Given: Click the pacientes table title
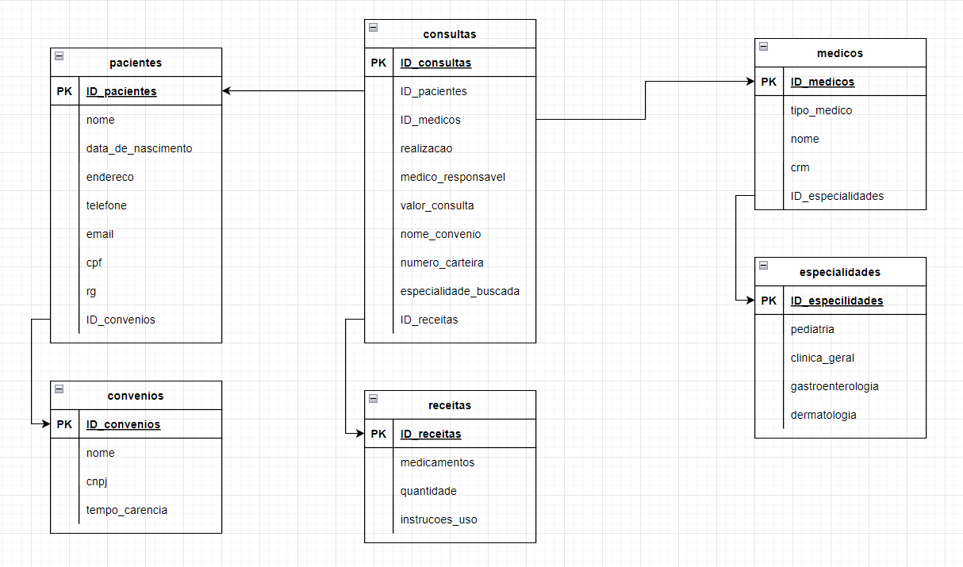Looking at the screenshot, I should pos(136,63).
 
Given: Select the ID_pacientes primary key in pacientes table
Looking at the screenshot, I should pos(121,91).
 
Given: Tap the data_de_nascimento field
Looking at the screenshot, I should pos(139,148).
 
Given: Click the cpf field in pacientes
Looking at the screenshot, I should pos(94,262).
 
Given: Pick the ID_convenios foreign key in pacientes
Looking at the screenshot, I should pos(121,320).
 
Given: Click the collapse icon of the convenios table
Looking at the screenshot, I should pos(59,389).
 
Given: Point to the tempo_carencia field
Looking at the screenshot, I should pos(127,510).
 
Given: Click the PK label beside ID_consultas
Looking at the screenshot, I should pos(378,63).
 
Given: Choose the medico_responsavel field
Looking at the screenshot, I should pos(453,177).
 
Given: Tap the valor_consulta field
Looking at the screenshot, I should pos(437,205).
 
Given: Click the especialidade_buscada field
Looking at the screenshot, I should pos(460,291).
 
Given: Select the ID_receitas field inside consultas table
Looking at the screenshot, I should pos(429,320).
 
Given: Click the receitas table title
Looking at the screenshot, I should pos(450,405).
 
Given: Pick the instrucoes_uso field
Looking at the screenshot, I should pos(439,519).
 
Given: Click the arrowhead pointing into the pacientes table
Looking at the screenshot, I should pos(227,91).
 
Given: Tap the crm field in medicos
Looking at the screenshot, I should pos(800,167).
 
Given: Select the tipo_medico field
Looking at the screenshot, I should pos(821,110).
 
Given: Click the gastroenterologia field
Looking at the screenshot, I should pos(834,386).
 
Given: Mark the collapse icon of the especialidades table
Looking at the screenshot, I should pos(763,265).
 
